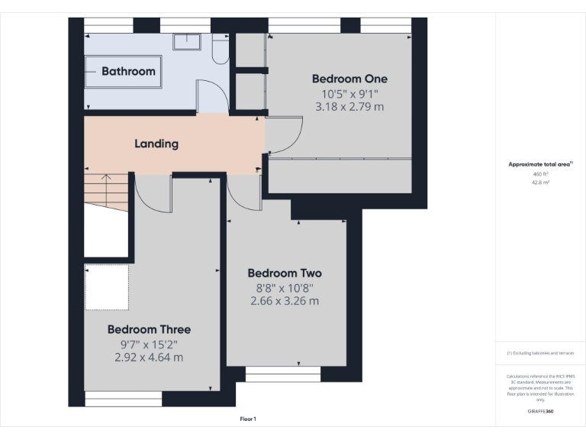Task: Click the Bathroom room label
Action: coord(128,71)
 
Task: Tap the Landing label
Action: coord(156,143)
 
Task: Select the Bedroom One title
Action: coord(349,79)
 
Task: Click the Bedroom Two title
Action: coord(285,273)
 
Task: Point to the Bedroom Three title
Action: coord(149,329)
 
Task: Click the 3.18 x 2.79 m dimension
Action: coord(349,107)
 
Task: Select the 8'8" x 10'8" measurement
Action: coord(285,288)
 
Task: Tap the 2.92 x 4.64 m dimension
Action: coord(149,357)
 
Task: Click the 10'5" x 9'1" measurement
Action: coord(349,93)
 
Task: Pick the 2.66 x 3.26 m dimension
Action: coord(285,301)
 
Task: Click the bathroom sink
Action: coord(186,41)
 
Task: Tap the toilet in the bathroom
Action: coord(219,50)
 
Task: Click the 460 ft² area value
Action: coord(540,174)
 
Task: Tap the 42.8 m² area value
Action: coord(540,183)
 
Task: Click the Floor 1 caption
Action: coord(248,419)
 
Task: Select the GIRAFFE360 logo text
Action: coord(540,411)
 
